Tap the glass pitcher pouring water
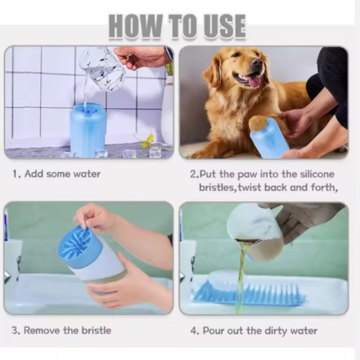[103, 68]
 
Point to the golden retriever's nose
[257, 63]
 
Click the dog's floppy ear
[213, 72]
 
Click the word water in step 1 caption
[87, 174]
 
